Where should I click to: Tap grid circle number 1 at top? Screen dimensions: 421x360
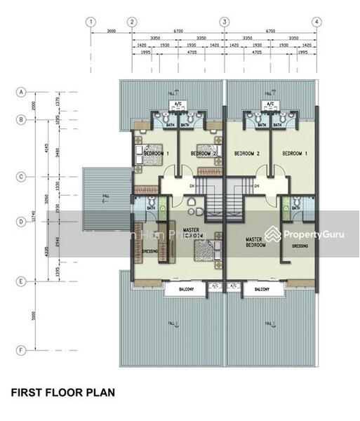(x=91, y=22)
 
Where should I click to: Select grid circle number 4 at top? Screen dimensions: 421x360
(x=317, y=22)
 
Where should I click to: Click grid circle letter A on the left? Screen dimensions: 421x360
(x=22, y=92)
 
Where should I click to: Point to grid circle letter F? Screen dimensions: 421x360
(x=22, y=349)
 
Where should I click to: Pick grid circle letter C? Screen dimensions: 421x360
(x=22, y=177)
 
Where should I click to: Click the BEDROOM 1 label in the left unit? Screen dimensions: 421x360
(x=154, y=153)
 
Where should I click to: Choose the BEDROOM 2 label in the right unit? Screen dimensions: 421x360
(x=247, y=153)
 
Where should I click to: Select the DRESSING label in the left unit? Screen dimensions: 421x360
(x=149, y=250)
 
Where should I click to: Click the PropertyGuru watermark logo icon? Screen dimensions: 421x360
(x=272, y=234)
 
